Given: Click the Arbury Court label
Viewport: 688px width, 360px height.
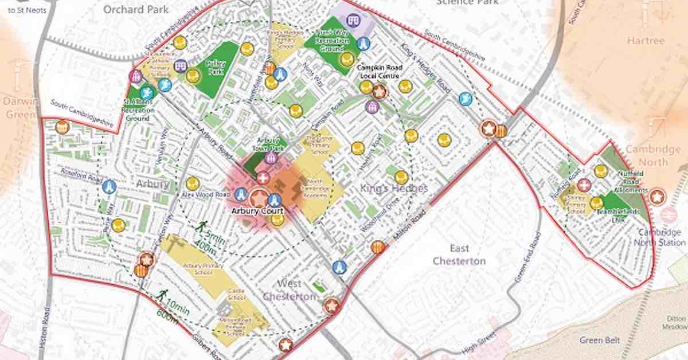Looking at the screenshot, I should [x=257, y=211].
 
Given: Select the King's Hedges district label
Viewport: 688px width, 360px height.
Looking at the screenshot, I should [x=386, y=187].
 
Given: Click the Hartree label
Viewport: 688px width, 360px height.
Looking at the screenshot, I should [x=646, y=41].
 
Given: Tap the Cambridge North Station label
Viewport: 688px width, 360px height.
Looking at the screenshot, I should [x=659, y=237].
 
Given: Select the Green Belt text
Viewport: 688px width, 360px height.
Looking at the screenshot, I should [x=599, y=340].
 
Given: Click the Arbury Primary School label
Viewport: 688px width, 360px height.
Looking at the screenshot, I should [x=196, y=269].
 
